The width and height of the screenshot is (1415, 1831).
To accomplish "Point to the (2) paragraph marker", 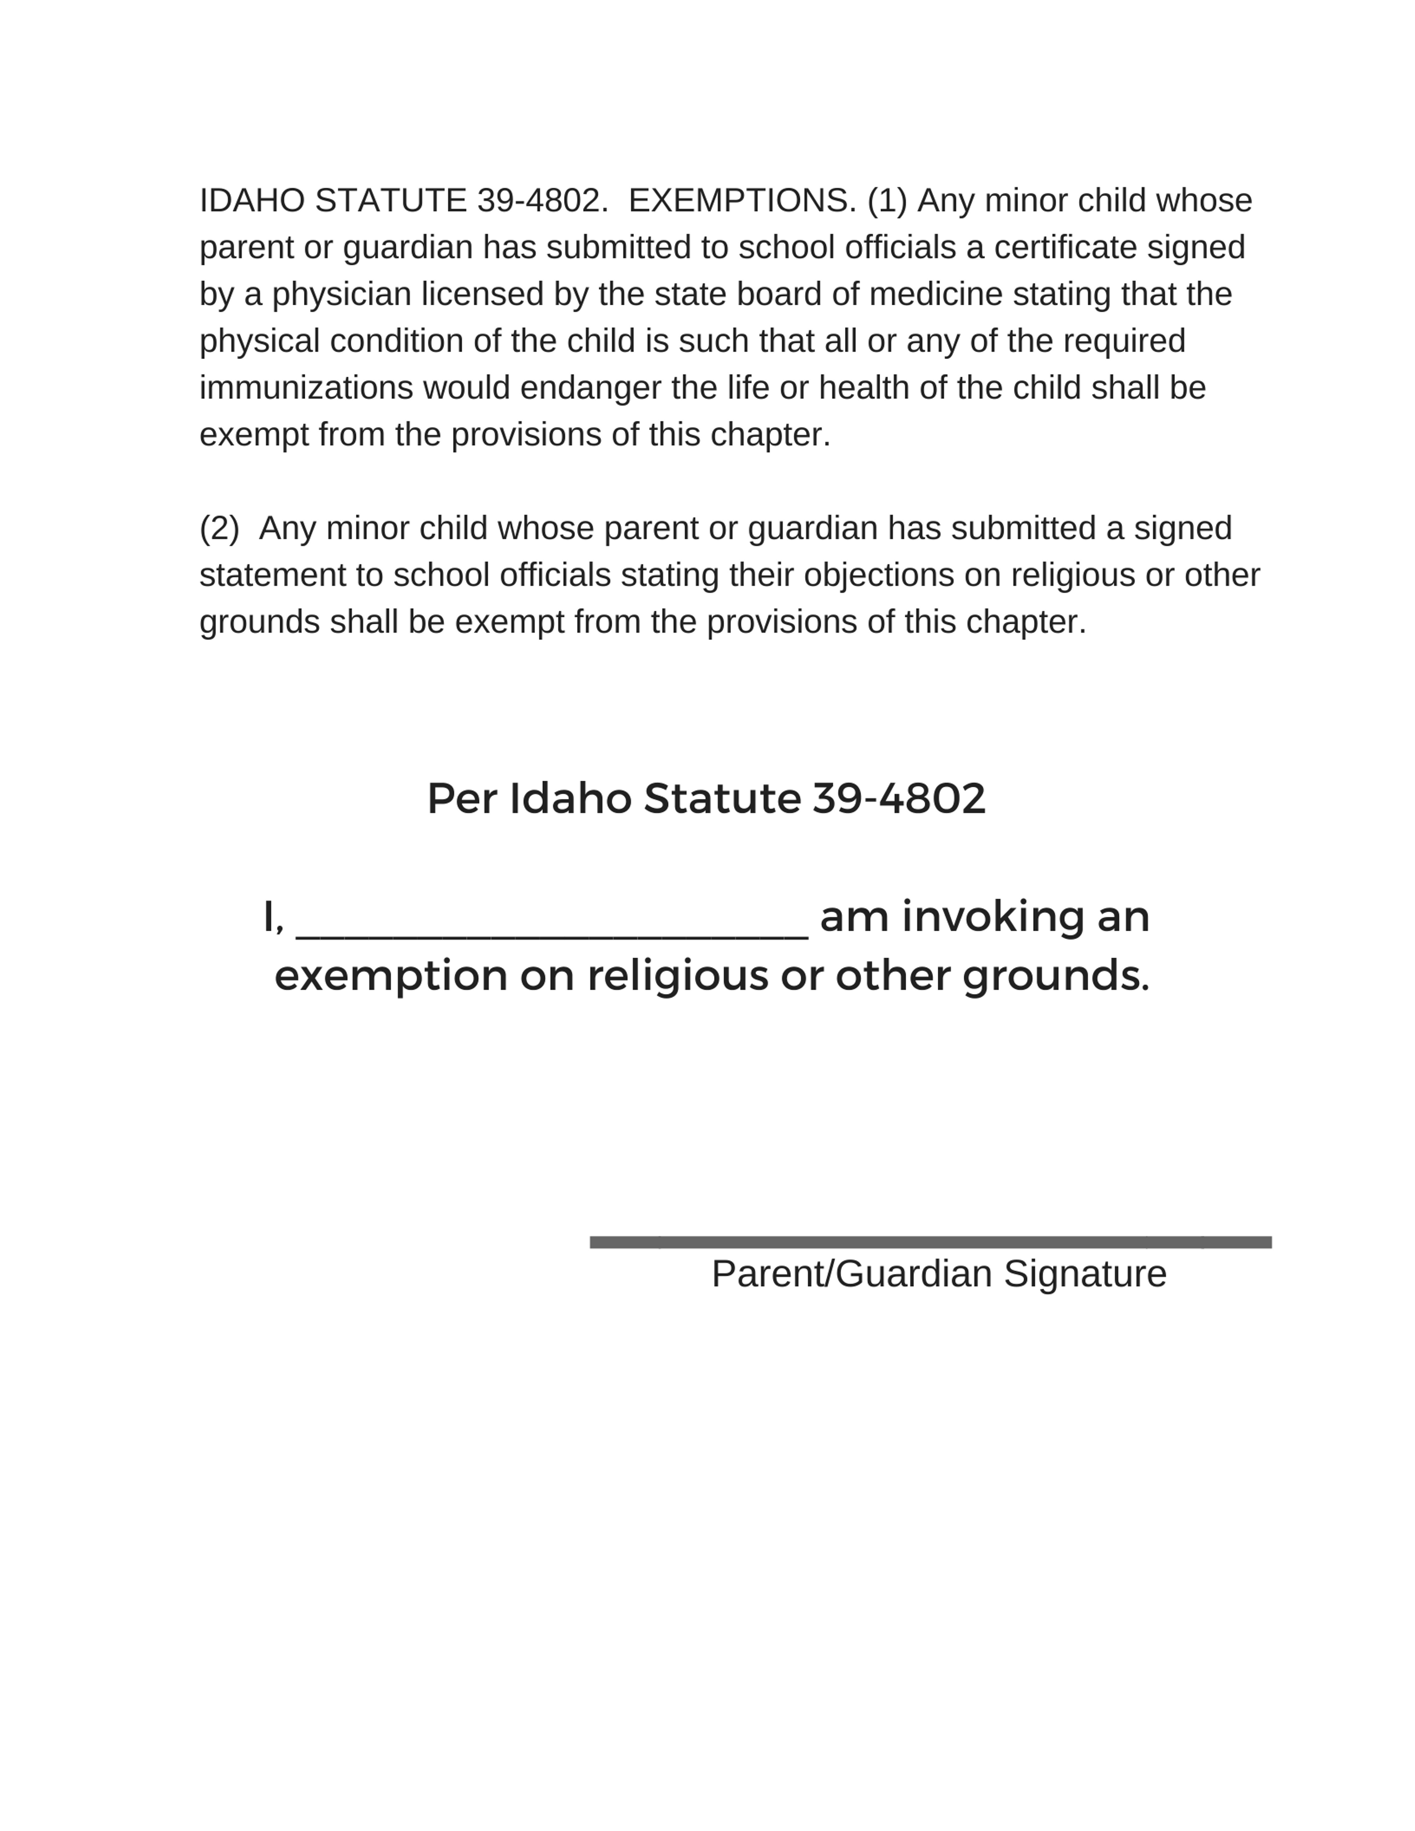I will pos(219,529).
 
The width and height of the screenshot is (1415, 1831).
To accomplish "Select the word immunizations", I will pos(306,389).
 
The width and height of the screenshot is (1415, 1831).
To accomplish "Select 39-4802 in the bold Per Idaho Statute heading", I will pos(898,798).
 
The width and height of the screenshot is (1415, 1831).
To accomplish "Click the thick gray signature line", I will pos(931,1242).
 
